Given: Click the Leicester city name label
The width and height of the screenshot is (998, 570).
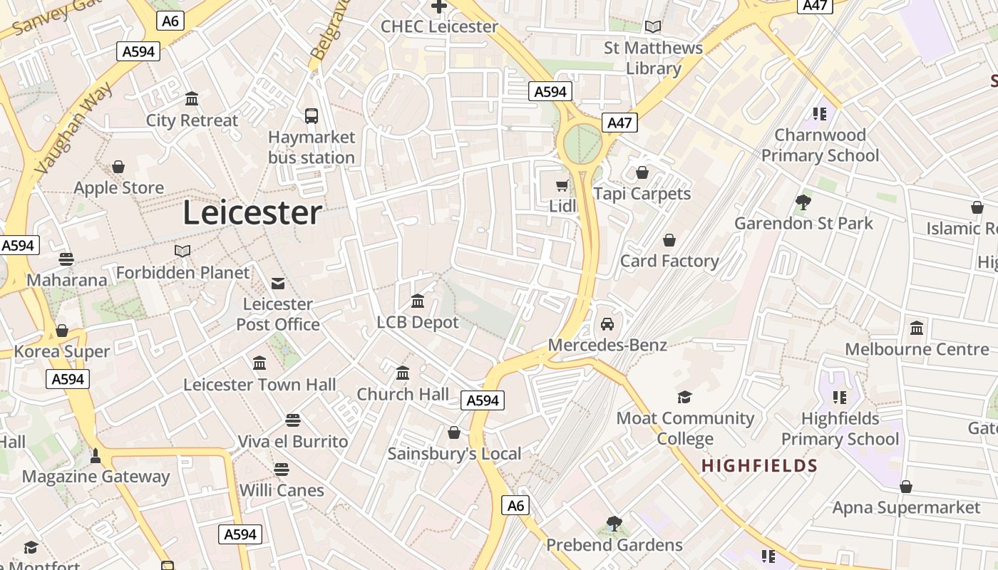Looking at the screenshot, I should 252,212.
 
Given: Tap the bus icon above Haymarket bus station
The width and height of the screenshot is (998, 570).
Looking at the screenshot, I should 312,116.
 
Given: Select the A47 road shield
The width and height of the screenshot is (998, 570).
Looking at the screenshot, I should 619,123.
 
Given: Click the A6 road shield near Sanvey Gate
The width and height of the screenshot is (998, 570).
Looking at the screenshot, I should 170,21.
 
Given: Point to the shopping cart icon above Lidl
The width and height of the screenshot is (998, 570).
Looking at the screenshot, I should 562,186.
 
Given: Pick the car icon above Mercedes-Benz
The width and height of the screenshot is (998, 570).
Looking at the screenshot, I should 607,324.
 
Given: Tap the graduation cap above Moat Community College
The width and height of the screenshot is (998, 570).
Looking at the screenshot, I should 684,398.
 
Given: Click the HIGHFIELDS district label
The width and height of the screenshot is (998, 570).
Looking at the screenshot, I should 759,466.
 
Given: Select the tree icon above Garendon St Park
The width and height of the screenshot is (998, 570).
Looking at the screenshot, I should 803,202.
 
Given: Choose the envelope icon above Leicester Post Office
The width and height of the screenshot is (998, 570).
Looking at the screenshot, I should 278,284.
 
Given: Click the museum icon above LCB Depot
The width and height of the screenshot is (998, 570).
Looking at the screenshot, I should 418,301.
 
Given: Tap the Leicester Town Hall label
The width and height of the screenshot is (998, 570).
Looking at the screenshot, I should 259,385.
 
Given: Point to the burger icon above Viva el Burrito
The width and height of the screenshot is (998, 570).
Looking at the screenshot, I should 292,420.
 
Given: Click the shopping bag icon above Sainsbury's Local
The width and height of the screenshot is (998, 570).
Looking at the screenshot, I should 454,432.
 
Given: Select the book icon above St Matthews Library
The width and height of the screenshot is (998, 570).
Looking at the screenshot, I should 653,27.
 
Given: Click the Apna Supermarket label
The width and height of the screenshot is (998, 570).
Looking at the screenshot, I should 906,507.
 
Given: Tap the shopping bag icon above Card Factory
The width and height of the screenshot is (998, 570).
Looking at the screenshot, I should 669,240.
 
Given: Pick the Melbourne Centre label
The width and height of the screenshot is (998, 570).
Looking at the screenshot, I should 917,349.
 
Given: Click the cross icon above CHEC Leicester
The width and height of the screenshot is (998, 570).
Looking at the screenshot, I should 439,6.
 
